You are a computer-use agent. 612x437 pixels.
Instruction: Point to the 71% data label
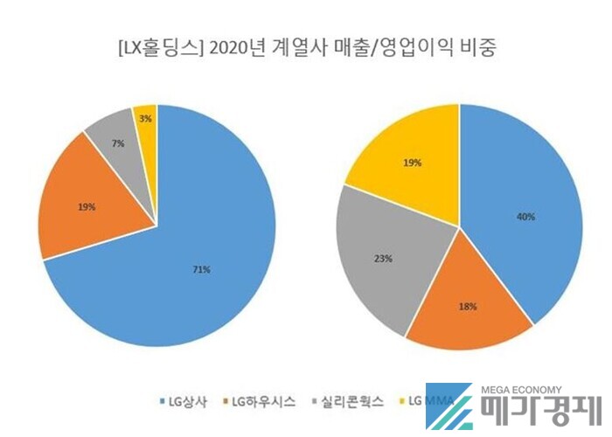point(201,269)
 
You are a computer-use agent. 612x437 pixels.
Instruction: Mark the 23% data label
point(383,259)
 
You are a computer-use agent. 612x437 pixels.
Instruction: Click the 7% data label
point(117,142)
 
